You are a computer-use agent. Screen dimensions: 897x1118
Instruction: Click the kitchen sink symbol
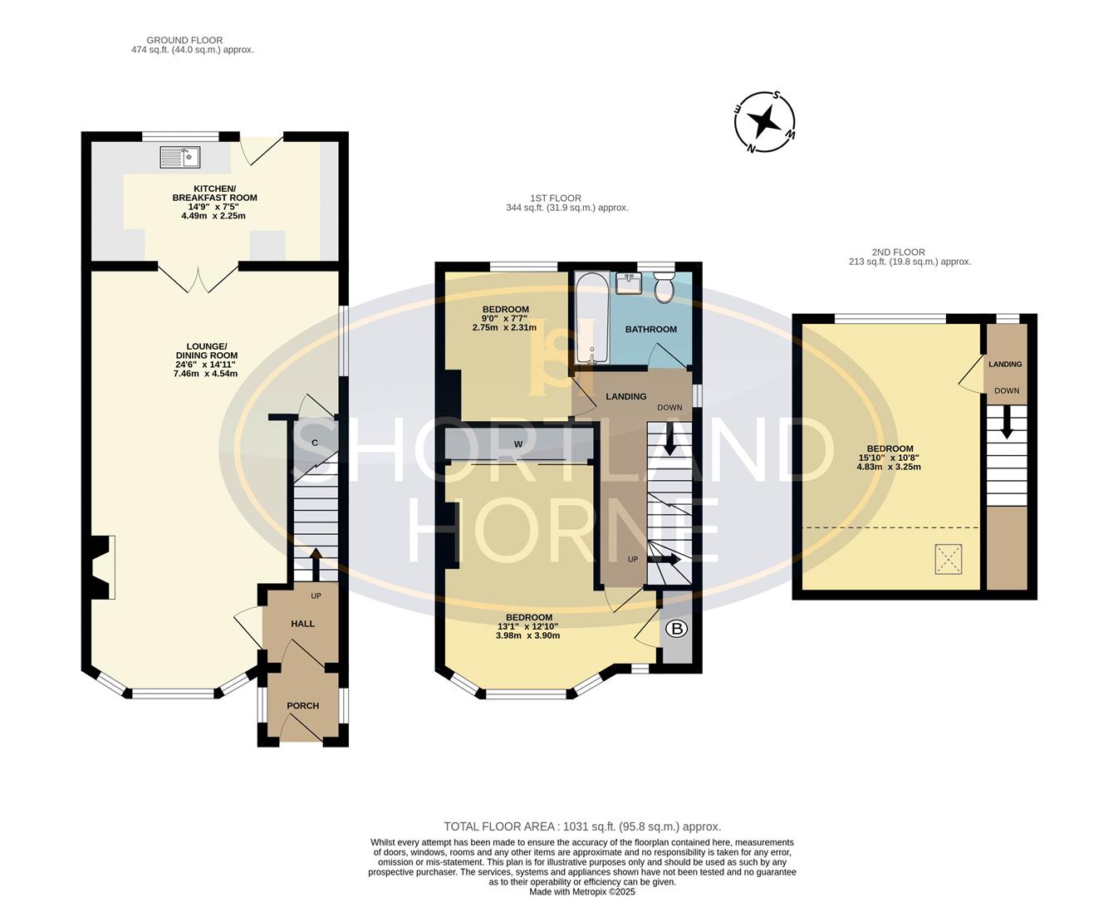pos(180,155)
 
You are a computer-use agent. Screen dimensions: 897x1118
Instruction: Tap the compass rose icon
pos(764,122)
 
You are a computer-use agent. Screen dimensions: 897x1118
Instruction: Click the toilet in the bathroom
pos(664,288)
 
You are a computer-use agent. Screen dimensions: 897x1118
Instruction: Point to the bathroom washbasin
pos(629,283)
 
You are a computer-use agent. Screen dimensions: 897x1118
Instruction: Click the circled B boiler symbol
pos(677,630)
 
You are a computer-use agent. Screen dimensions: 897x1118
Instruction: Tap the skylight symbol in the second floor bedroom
pos(948,558)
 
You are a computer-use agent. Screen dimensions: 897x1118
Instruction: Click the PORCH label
pos(302,706)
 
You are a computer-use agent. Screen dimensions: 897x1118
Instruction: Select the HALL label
pos(302,624)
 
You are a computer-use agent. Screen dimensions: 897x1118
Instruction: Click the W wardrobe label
pos(517,444)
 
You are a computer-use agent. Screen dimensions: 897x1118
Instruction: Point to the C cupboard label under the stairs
pos(315,444)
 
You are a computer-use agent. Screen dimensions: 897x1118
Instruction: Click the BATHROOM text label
pos(650,330)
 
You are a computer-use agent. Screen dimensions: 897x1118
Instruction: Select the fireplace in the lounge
pos(101,567)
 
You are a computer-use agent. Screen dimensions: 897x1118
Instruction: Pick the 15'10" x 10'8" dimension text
pos(889,458)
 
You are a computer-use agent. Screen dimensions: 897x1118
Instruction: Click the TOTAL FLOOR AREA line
pos(582,826)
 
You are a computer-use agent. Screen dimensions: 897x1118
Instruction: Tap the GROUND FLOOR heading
pos(184,40)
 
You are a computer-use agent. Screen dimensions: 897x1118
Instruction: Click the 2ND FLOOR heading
pos(898,252)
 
